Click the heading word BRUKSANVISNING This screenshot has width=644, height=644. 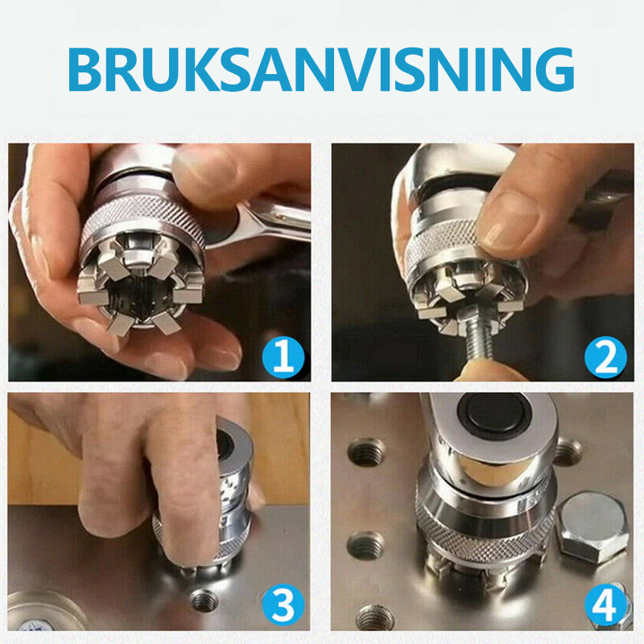[320, 69]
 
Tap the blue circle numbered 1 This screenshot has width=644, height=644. [283, 356]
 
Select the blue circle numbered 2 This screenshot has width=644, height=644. [605, 357]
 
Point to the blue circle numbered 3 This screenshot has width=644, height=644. [283, 605]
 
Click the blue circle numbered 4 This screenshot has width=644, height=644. [605, 605]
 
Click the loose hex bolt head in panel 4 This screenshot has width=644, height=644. [593, 527]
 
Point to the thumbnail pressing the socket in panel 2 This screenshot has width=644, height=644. [510, 222]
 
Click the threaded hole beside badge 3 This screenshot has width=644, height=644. [204, 600]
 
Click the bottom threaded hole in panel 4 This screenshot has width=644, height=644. [374, 617]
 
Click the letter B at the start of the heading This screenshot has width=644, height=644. [85, 69]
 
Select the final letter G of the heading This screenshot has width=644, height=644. [555, 69]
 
